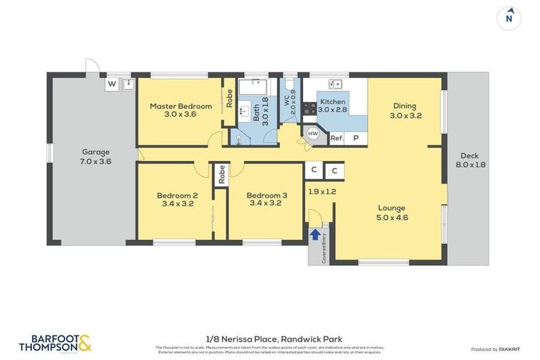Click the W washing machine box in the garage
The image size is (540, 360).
click(111, 84)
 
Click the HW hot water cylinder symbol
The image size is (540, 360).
click(313, 134)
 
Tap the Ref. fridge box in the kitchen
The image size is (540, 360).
click(337, 139)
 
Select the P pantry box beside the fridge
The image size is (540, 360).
click(356, 139)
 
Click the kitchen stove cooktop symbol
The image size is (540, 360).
click(309, 108)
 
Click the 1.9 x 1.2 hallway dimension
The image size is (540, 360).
click(322, 191)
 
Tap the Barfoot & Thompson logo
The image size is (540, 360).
click(55, 343)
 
